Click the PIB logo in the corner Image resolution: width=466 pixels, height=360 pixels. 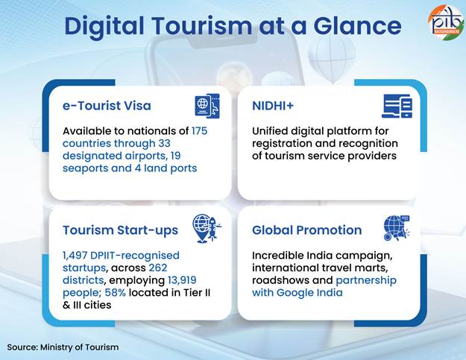click(447, 22)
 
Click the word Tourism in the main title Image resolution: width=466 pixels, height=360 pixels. click(202, 26)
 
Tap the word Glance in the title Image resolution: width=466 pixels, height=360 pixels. click(358, 26)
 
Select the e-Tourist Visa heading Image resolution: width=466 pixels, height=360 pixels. click(107, 106)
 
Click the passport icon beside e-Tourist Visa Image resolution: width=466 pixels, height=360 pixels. click(207, 106)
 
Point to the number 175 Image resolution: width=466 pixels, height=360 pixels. click(199, 131)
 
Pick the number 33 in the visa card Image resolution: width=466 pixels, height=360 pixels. click(164, 143)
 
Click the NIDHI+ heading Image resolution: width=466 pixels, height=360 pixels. click(273, 106)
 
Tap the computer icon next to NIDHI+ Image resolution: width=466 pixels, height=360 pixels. click(397, 106)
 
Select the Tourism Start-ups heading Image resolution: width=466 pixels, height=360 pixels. click(120, 230)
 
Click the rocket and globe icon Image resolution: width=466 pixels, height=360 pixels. click(207, 228)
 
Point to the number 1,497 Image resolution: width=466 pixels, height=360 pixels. click(75, 256)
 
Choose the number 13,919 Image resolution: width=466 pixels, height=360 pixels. click(182, 280)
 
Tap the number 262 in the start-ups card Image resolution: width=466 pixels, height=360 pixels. click(158, 268)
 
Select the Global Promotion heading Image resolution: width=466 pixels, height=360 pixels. click(307, 230)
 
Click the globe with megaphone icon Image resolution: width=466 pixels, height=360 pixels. click(397, 228)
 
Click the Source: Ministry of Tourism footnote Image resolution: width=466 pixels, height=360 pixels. click(63, 347)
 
